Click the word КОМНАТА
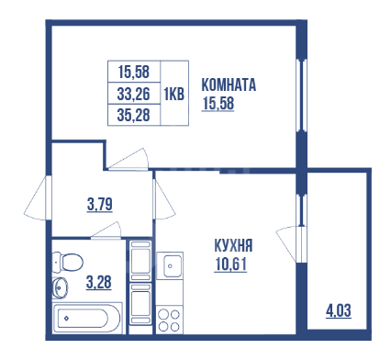[x=229, y=85]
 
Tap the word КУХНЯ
[x=233, y=245]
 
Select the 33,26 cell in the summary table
[x=134, y=94]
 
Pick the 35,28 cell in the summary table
[x=134, y=115]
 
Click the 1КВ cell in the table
[x=174, y=94]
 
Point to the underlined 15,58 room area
[x=218, y=104]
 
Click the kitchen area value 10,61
[x=230, y=264]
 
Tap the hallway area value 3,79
[x=100, y=205]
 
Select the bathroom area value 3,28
[x=99, y=282]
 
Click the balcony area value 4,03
[x=339, y=310]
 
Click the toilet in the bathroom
[x=68, y=263]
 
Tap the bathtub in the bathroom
[x=87, y=318]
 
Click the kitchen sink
[x=170, y=265]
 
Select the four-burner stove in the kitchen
[x=170, y=321]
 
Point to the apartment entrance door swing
[x=37, y=198]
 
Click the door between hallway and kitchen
[x=164, y=199]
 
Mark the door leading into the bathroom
[x=106, y=231]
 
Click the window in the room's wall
[x=301, y=96]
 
